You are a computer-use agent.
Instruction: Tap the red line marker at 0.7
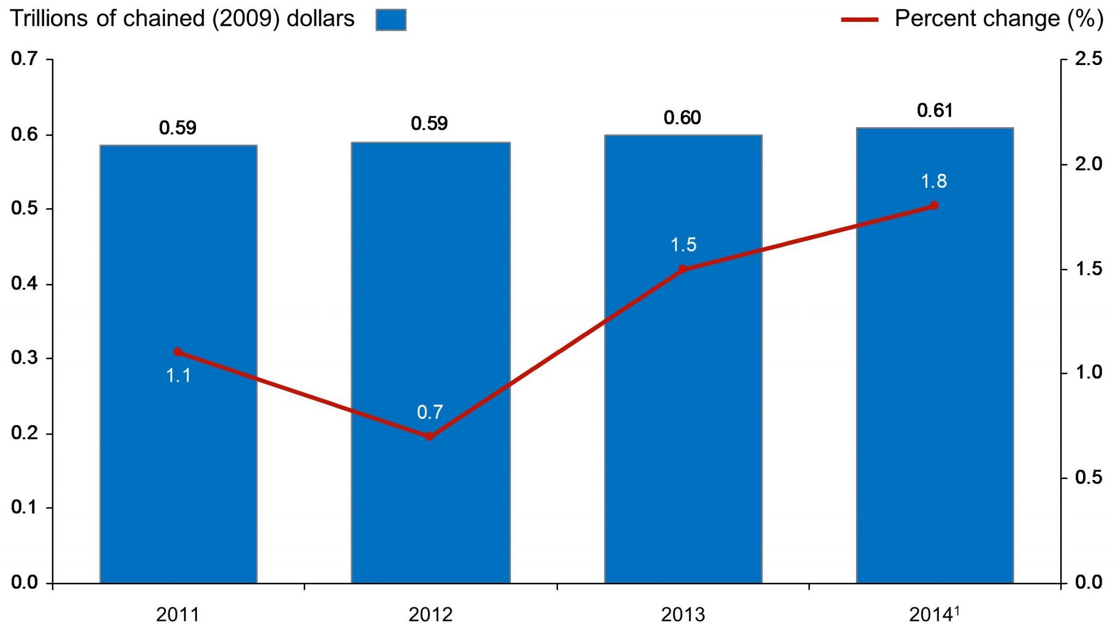point(429,436)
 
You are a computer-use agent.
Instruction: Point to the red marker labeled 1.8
point(934,206)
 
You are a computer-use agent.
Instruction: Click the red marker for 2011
point(178,352)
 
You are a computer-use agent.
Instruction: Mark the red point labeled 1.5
point(682,269)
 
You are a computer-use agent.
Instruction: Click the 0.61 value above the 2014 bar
point(935,111)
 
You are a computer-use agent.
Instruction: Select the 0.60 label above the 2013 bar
point(682,118)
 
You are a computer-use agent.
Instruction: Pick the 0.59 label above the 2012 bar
point(429,124)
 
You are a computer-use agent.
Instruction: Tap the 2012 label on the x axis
point(430,615)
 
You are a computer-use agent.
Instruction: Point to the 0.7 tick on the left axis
point(25,58)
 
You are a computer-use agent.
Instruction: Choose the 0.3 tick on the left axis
point(25,358)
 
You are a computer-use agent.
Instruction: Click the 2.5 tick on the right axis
point(1089,58)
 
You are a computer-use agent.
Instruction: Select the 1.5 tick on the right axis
point(1089,269)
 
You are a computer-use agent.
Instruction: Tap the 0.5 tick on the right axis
point(1089,478)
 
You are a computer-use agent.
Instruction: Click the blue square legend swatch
point(391,20)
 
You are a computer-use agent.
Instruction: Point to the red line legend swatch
point(860,20)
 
